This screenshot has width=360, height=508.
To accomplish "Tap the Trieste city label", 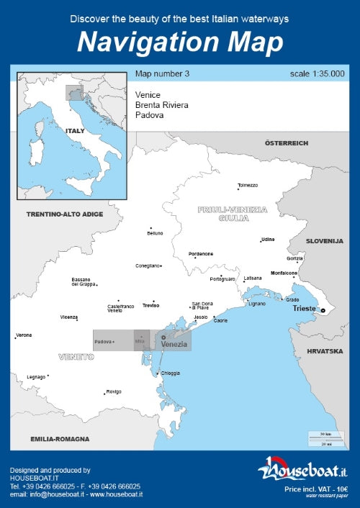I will pos(304,309).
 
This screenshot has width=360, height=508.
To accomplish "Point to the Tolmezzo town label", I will pos(248,186).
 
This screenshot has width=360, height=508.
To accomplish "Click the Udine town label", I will pos(268,239).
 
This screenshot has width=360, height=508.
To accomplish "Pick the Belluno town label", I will pos(156,233).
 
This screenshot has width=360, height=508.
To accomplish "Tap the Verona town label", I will pos(24,335).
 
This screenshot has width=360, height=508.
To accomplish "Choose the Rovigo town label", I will pos(114,391).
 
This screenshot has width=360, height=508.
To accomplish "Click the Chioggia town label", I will pos(171,373).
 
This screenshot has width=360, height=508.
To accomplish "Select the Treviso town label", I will pos(150,305).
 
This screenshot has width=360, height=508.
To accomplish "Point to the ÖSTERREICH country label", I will pos(287,143).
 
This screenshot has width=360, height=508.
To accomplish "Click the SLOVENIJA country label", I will pos(325,241).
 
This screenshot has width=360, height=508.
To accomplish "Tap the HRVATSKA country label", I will pos(325,351).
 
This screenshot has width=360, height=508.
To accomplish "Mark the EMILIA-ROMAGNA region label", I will pos(60,438).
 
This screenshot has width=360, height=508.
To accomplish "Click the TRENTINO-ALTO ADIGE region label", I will pos(65,214).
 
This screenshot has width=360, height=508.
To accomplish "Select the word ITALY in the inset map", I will pos(75,131).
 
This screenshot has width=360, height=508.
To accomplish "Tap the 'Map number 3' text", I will pos(162,73).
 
